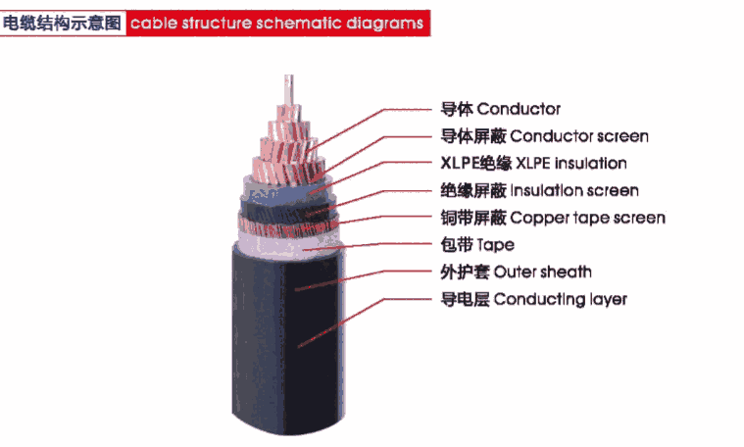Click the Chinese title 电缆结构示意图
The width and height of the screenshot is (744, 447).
click(x=63, y=22)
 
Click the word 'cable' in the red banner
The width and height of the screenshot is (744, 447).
click(x=153, y=22)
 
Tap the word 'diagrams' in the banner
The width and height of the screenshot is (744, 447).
click(x=386, y=22)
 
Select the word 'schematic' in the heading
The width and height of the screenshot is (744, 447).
click(x=303, y=22)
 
